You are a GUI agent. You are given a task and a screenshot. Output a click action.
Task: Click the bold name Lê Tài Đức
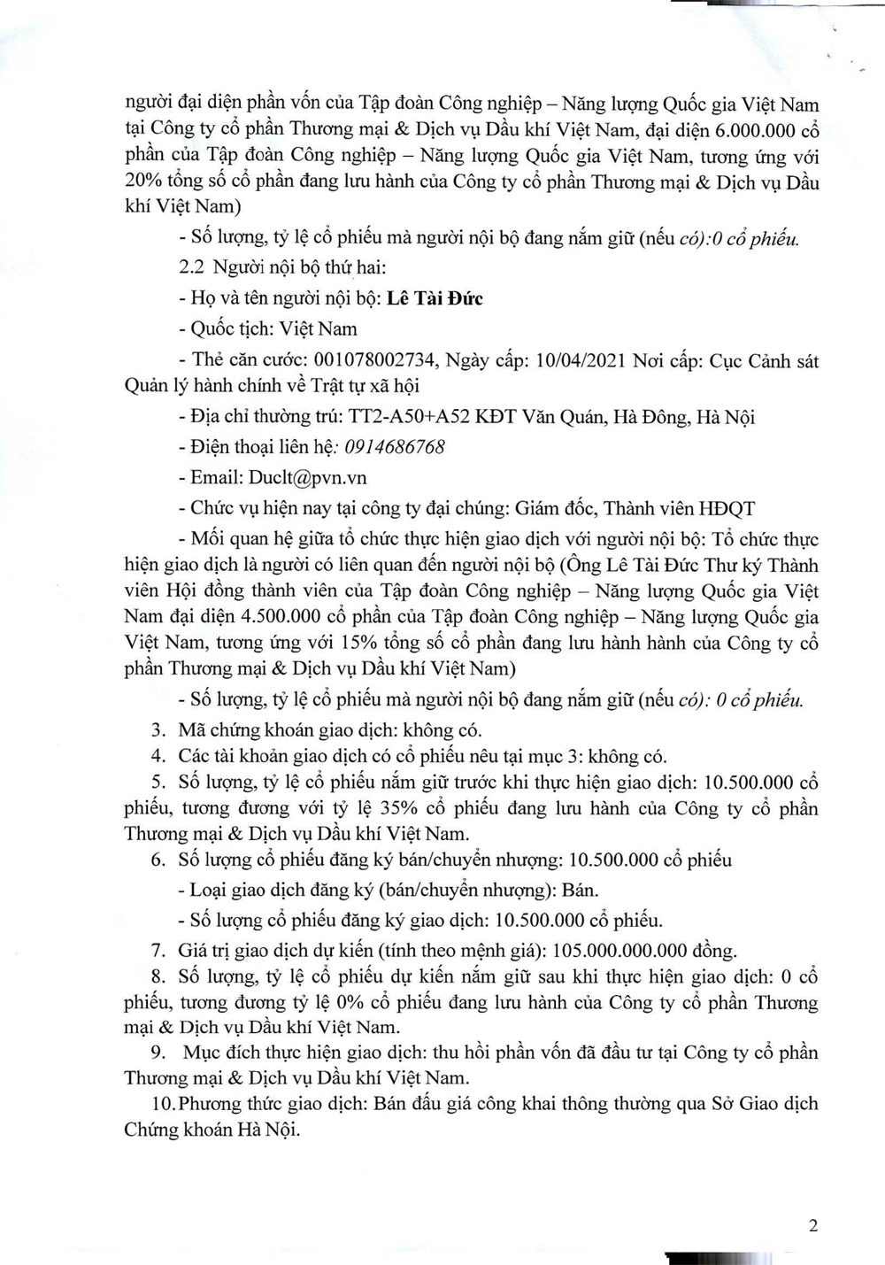pyautogui.click(x=435, y=298)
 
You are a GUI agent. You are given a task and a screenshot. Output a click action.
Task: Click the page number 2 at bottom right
pyautogui.click(x=813, y=1226)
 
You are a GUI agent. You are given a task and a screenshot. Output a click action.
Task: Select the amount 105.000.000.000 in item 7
pyautogui.click(x=619, y=951)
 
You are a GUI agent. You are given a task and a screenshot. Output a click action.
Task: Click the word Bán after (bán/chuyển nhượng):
pyautogui.click(x=579, y=890)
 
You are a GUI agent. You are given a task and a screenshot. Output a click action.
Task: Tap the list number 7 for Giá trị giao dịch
pyautogui.click(x=158, y=951)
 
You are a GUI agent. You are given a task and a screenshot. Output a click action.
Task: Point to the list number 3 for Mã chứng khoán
pyautogui.click(x=158, y=730)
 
